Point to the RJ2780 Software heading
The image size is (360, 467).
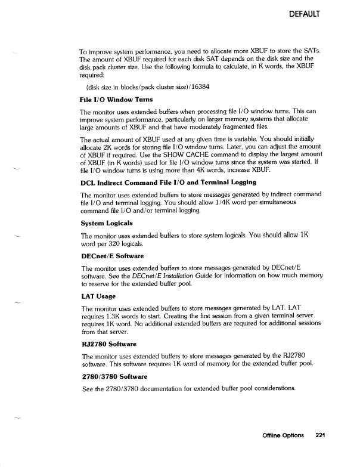pyautogui.click(x=108, y=344)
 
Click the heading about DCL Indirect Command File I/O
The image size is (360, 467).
pyautogui.click(x=160, y=182)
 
